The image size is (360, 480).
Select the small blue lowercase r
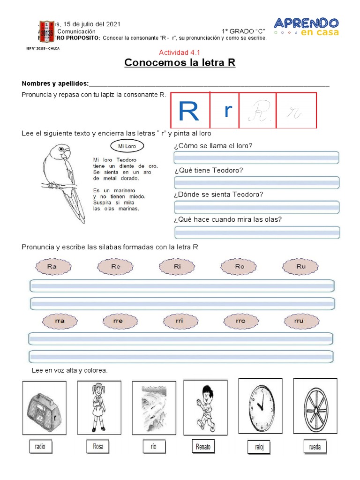click(x=228, y=111)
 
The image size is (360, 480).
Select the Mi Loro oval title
click(x=127, y=146)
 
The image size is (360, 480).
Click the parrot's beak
click(x=67, y=154)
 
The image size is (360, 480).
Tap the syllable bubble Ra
click(x=52, y=267)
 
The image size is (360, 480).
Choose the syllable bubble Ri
click(x=177, y=267)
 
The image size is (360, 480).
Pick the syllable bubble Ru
click(x=300, y=267)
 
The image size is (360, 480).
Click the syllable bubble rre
click(x=118, y=321)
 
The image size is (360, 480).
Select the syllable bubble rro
click(x=241, y=321)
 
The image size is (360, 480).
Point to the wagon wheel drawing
click(x=315, y=405)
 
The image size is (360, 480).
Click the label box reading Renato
click(x=203, y=447)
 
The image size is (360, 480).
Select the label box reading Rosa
click(x=97, y=446)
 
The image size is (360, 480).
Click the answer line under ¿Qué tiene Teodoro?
click(x=256, y=182)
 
